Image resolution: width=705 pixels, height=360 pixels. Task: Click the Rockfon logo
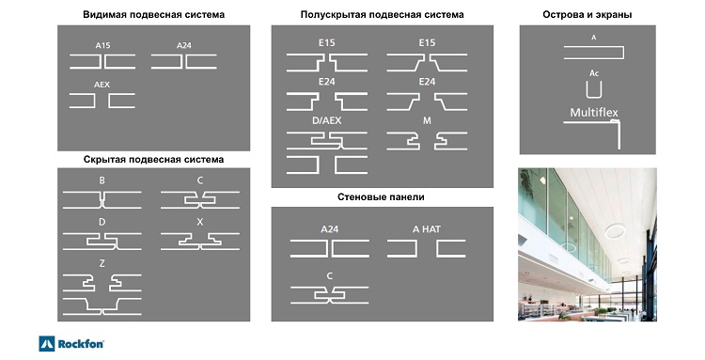(x=71, y=344)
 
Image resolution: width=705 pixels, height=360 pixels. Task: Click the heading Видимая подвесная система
(x=154, y=14)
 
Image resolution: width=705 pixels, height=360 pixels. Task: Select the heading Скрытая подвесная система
(x=153, y=160)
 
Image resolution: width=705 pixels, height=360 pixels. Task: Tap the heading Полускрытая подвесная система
(x=383, y=14)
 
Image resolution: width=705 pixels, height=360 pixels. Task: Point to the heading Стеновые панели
(x=381, y=196)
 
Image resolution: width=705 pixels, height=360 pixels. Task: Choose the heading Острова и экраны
(x=587, y=14)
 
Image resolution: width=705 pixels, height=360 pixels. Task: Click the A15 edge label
(x=102, y=45)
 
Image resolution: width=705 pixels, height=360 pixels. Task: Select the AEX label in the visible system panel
(x=102, y=85)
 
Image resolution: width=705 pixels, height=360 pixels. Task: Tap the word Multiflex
(x=594, y=113)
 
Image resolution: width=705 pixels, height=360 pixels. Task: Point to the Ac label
(x=594, y=73)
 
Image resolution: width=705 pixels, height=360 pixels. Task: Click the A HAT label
(x=426, y=229)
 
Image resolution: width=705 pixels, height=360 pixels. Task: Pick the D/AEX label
(x=327, y=120)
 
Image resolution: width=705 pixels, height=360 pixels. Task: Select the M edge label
(x=427, y=120)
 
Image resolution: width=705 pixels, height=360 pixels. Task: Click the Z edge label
(x=102, y=263)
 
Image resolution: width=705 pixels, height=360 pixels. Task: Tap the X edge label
(x=200, y=222)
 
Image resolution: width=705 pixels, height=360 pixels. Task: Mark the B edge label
(x=102, y=180)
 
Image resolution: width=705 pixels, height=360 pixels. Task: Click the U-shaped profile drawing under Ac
(x=594, y=97)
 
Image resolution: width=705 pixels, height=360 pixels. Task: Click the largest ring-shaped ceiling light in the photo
(x=615, y=231)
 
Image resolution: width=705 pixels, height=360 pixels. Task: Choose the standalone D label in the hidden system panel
(x=102, y=222)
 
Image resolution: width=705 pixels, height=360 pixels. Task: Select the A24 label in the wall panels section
(x=330, y=229)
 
